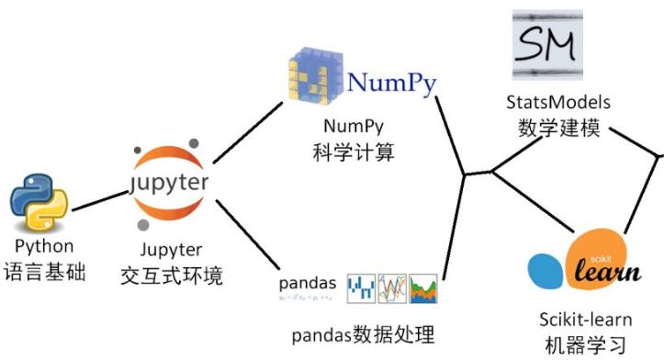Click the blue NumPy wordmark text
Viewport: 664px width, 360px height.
[x=391, y=83]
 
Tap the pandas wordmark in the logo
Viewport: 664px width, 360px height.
[x=307, y=282]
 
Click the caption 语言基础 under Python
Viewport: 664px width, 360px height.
[x=44, y=273]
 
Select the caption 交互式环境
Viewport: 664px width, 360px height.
[x=172, y=276]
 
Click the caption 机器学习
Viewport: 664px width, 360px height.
[x=585, y=345]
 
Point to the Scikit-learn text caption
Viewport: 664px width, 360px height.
[x=585, y=319]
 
